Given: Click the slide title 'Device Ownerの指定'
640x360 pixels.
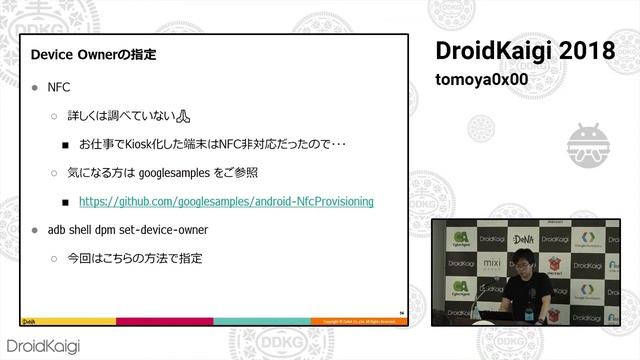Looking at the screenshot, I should point(94,52).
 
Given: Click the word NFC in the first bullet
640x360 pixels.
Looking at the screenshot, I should point(59,88).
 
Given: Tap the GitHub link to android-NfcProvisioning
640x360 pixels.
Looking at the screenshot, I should point(226,201).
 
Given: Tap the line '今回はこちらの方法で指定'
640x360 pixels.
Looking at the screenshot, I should point(134,258).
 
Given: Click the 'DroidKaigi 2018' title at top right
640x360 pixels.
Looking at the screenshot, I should point(524,50).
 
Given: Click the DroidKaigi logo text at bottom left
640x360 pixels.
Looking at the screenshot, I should point(44,345).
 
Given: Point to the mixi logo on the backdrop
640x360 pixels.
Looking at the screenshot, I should point(490,264).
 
